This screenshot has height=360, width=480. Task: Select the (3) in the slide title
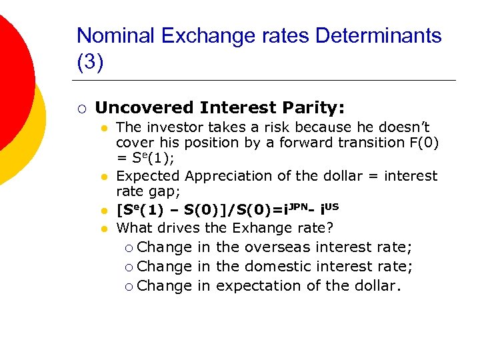coord(90,63)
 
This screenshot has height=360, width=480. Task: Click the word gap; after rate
coord(162,192)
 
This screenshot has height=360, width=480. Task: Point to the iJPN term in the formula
coord(295,209)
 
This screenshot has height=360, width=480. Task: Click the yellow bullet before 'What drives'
coord(104,229)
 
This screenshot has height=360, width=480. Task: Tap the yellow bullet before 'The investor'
coord(104,127)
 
